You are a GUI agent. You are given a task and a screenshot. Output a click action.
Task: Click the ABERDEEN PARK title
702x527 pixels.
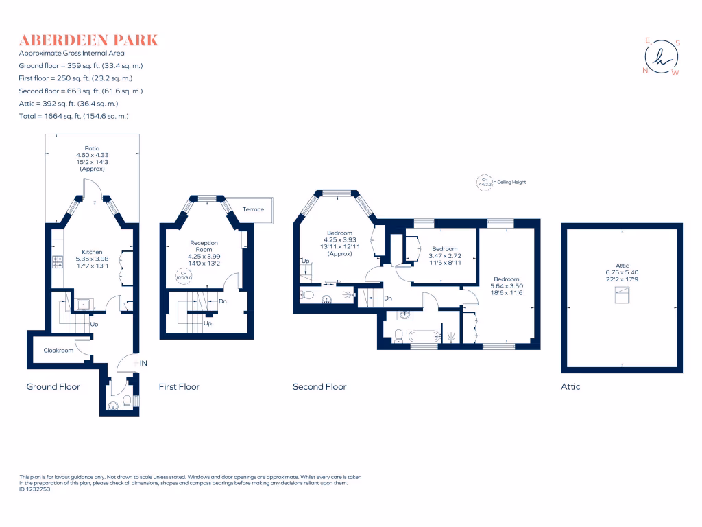(88, 40)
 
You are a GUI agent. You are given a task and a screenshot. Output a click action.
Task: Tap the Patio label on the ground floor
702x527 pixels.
(92, 148)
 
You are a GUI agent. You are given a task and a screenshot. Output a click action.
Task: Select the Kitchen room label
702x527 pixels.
(92, 252)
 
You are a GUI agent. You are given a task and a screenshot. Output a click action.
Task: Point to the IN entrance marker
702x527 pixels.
(143, 362)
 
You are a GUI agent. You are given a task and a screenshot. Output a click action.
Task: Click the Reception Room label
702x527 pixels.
(204, 246)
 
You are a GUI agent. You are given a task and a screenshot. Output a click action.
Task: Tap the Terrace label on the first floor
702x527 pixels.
(253, 209)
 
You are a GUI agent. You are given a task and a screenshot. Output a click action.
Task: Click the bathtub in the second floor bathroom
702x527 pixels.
(424, 337)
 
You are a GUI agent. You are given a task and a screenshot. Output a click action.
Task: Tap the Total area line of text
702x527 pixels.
(73, 116)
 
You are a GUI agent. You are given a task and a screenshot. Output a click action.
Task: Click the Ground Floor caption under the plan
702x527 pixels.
(53, 387)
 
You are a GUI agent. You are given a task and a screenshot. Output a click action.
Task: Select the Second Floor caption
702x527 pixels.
(319, 387)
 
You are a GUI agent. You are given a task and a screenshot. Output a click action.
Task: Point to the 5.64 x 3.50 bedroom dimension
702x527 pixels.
(506, 285)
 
